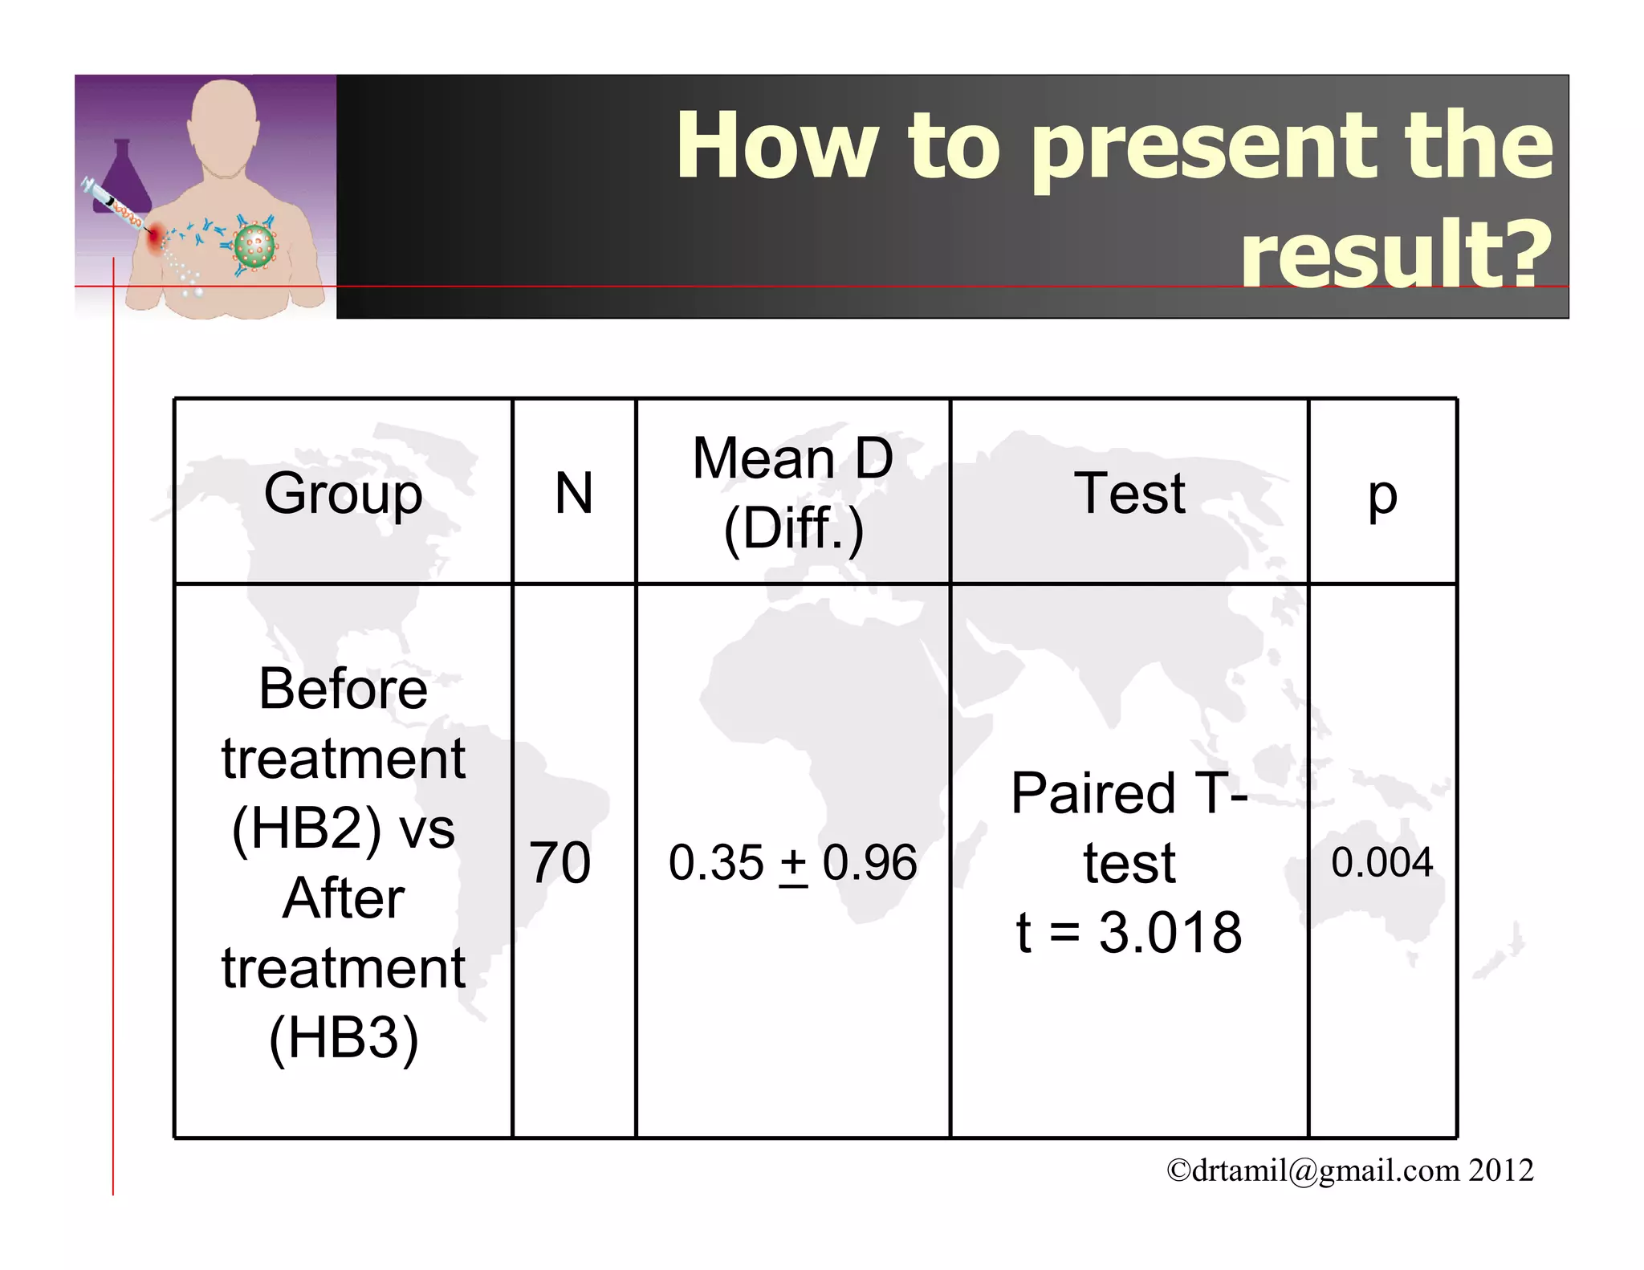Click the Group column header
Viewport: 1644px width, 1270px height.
click(x=343, y=494)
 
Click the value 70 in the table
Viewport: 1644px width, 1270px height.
click(x=560, y=863)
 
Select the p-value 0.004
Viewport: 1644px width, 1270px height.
click(x=1382, y=862)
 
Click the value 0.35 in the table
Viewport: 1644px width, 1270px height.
click(x=716, y=863)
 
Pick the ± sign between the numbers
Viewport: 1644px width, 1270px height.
click(x=793, y=865)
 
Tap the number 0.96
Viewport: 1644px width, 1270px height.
click(x=869, y=863)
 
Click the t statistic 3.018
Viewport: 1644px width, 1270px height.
click(x=1170, y=932)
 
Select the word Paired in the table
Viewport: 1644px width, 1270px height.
click(x=1092, y=793)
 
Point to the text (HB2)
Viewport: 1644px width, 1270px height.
click(x=306, y=828)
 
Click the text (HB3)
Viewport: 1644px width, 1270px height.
click(x=344, y=1038)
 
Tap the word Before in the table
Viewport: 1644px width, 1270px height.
click(x=343, y=689)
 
